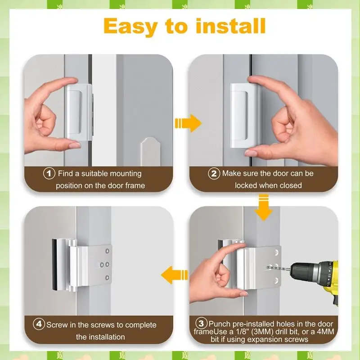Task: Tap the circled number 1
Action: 49,173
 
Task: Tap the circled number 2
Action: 214,173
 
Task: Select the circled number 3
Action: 201,324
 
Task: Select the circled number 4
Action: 39,324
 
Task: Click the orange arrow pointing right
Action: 188,123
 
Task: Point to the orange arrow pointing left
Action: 175,275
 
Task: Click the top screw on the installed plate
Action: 107,251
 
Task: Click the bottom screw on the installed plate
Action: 107,278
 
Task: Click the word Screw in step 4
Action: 58,325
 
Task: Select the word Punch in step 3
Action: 220,324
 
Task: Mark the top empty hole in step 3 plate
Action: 276,252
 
